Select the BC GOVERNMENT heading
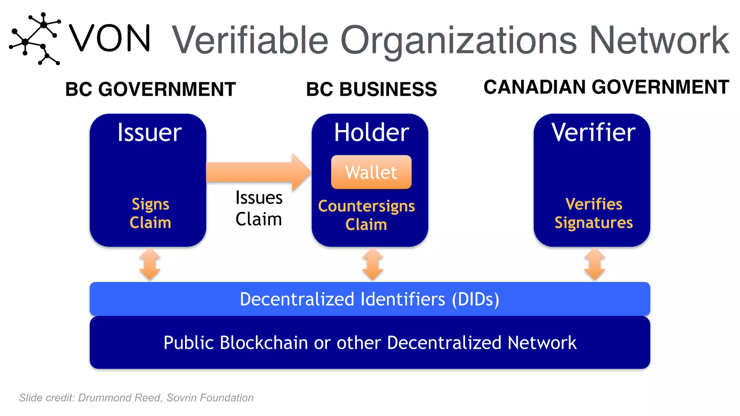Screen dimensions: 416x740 [x=150, y=89]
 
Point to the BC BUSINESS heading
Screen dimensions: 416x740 [x=371, y=89]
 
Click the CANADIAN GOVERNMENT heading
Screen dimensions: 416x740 [x=606, y=87]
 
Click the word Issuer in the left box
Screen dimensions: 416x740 [x=149, y=133]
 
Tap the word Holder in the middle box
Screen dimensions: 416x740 [x=371, y=133]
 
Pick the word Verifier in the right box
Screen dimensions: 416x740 [x=593, y=133]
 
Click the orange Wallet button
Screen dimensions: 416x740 [x=371, y=172]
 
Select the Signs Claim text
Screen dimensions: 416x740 [x=150, y=213]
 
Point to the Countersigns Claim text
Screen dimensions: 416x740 [x=366, y=215]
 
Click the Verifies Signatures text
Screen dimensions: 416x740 [x=594, y=213]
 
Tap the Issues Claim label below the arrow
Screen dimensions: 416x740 [x=259, y=208]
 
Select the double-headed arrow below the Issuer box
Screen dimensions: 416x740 [x=150, y=264]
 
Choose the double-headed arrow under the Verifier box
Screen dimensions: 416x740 [x=594, y=264]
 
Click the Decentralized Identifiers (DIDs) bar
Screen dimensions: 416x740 [x=370, y=299]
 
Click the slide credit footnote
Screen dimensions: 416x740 [x=136, y=398]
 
